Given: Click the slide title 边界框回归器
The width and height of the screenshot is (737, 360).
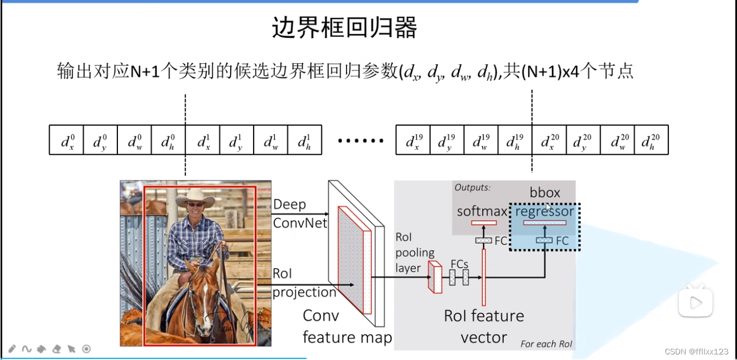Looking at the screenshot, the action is pyautogui.click(x=344, y=28).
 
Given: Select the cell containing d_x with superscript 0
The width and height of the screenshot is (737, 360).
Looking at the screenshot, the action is pyautogui.click(x=67, y=140).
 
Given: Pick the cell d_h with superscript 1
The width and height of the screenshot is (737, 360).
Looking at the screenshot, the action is pyautogui.click(x=305, y=140).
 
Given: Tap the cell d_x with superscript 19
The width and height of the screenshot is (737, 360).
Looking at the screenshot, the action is pyautogui.click(x=413, y=140).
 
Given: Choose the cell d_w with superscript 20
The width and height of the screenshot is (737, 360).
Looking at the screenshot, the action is pyautogui.click(x=617, y=140).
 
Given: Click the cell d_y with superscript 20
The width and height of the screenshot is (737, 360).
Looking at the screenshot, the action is pyautogui.click(x=583, y=140).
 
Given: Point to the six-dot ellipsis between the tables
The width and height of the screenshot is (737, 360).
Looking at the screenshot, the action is pyautogui.click(x=361, y=140).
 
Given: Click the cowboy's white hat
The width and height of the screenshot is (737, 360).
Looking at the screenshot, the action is pyautogui.click(x=195, y=197).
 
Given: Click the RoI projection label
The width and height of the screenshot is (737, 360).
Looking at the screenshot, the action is pyautogui.click(x=304, y=283).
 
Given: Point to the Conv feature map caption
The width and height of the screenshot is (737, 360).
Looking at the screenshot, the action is pyautogui.click(x=346, y=326).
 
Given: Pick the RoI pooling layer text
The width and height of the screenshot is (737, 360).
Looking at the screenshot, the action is pyautogui.click(x=415, y=253).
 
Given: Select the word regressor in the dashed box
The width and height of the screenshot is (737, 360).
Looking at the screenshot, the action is pyautogui.click(x=544, y=211).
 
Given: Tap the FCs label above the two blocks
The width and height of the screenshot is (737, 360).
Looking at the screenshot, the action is pyautogui.click(x=459, y=264).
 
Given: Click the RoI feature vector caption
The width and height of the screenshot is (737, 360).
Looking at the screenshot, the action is pyautogui.click(x=484, y=326).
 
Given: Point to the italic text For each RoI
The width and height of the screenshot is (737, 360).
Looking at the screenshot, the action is pyautogui.click(x=546, y=344).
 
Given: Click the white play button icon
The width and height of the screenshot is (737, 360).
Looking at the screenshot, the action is pyautogui.click(x=696, y=302).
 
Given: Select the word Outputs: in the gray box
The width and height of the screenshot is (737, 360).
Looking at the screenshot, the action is pyautogui.click(x=472, y=187).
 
